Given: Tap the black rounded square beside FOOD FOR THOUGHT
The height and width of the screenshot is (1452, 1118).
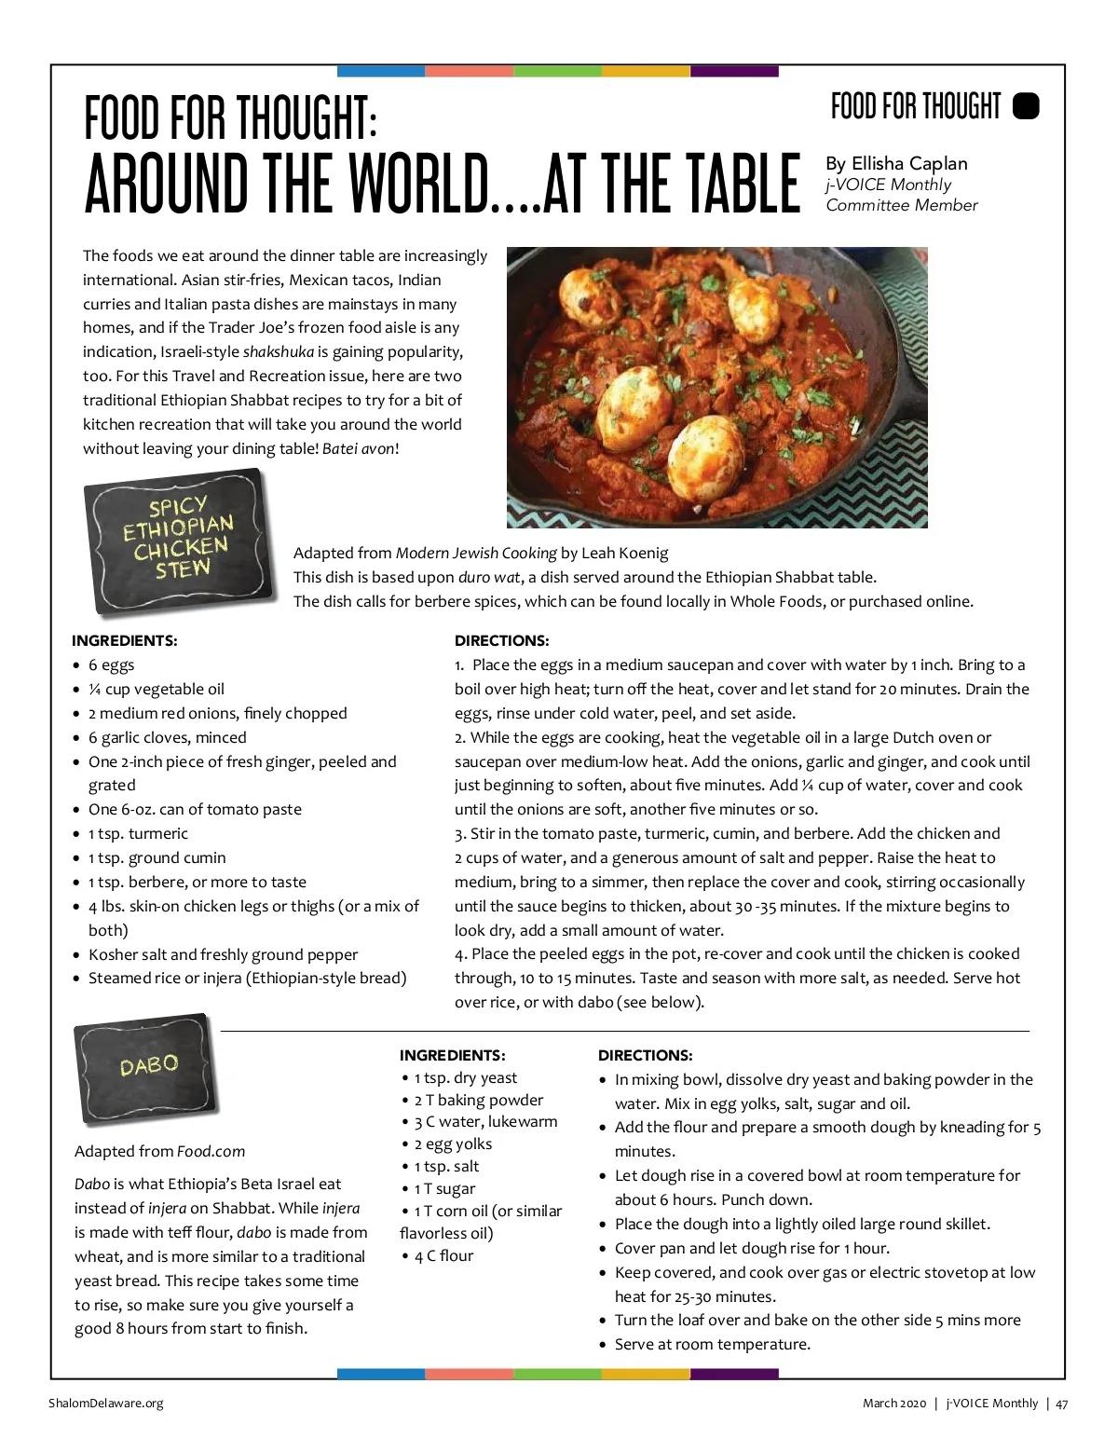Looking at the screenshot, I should (1025, 106).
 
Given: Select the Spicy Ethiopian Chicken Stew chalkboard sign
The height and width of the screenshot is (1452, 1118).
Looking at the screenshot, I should (178, 540).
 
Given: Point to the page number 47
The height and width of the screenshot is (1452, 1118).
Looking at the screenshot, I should (1062, 1403).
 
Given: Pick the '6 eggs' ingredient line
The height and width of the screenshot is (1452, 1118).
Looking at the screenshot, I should (111, 664).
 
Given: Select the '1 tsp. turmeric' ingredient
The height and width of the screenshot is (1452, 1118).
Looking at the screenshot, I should (138, 833).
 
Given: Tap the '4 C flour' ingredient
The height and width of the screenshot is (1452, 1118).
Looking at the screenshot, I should (443, 1255).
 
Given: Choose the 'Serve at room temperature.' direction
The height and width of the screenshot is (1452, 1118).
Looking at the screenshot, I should (712, 1344).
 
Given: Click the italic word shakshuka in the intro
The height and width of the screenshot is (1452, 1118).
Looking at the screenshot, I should (279, 351).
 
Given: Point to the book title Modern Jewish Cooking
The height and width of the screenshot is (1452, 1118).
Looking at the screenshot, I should (476, 553).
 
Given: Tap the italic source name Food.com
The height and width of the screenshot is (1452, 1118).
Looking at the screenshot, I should (211, 1151).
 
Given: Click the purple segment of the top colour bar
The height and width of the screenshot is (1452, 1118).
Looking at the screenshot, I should (733, 71).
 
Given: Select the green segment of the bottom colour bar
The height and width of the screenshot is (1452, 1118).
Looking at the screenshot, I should (557, 1374).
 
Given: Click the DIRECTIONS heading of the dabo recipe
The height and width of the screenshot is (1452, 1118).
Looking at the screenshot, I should (645, 1055).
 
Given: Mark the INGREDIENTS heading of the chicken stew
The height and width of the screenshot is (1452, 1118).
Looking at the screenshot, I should (124, 640).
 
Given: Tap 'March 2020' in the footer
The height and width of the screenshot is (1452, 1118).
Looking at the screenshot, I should (893, 1403).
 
